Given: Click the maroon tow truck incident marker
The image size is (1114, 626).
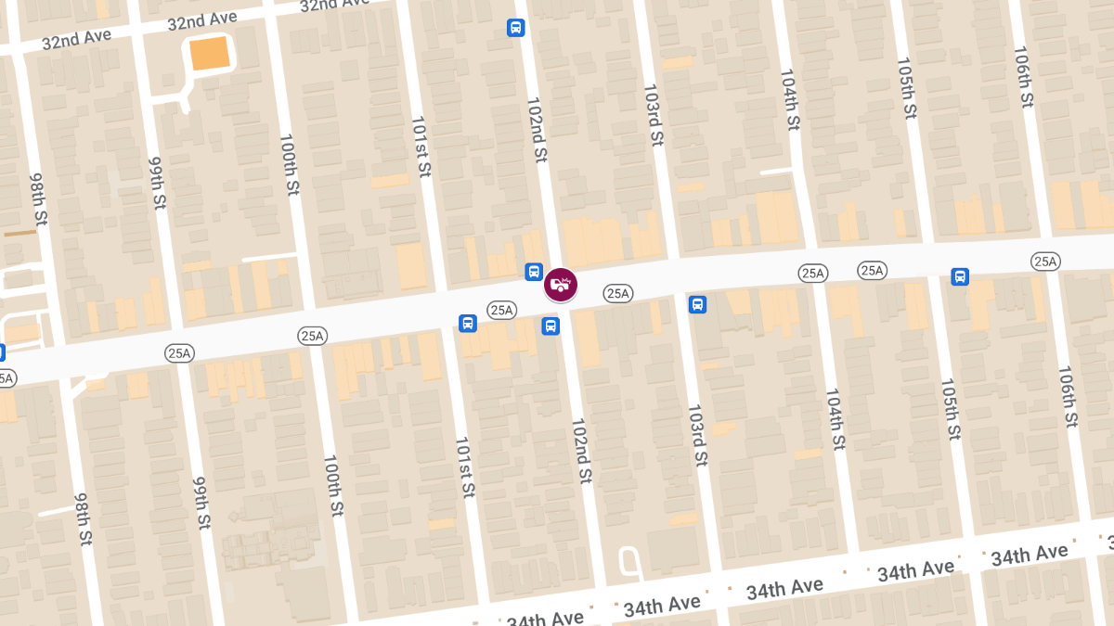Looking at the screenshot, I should click(x=561, y=284).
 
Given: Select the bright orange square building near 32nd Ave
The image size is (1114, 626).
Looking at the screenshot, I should click(x=209, y=54).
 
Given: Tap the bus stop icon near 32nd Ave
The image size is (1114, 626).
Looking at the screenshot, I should click(x=515, y=28).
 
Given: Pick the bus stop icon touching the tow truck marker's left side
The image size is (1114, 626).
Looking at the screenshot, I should click(x=534, y=272).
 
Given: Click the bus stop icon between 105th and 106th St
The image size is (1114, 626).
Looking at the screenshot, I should click(x=960, y=276).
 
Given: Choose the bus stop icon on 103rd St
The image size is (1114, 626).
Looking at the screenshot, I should click(x=697, y=304).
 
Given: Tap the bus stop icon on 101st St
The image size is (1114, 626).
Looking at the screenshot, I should click(x=468, y=323).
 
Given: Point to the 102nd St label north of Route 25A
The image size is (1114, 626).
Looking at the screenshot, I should click(x=536, y=130).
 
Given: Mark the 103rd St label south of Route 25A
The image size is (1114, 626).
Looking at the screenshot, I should click(x=698, y=435).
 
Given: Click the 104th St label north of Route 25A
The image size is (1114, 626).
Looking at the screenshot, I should click(x=789, y=100).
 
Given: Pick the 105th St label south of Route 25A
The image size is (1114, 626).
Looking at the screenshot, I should click(x=951, y=409).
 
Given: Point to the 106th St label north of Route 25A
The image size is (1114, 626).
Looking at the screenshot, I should click(x=1023, y=76).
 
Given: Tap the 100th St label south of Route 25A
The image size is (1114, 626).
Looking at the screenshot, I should click(x=333, y=486).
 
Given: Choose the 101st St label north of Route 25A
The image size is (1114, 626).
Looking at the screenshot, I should click(x=421, y=147).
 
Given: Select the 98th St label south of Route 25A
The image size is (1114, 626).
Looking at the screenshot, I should click(x=84, y=518).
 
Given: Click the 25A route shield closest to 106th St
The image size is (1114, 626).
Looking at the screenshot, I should click(x=1045, y=262).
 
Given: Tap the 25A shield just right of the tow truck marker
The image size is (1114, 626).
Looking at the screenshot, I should click(x=617, y=293).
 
